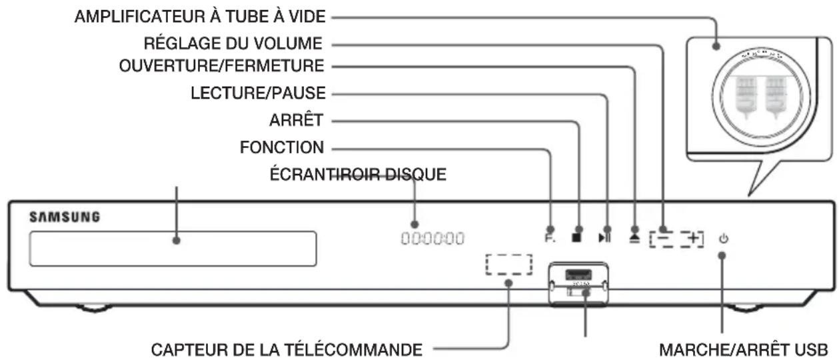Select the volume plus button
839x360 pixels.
[x=695, y=237]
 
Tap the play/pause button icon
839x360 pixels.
[x=604, y=237]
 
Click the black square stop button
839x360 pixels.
[x=577, y=237]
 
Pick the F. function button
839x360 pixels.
[x=549, y=237]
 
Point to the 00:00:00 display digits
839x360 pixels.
[x=432, y=238]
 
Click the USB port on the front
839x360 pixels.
[x=576, y=275]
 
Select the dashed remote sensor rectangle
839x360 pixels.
[x=508, y=265]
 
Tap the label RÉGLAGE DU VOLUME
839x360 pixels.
[x=233, y=43]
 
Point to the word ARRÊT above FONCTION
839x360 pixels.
[x=299, y=121]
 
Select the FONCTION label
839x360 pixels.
[x=282, y=147]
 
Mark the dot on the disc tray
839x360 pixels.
[x=177, y=240]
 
